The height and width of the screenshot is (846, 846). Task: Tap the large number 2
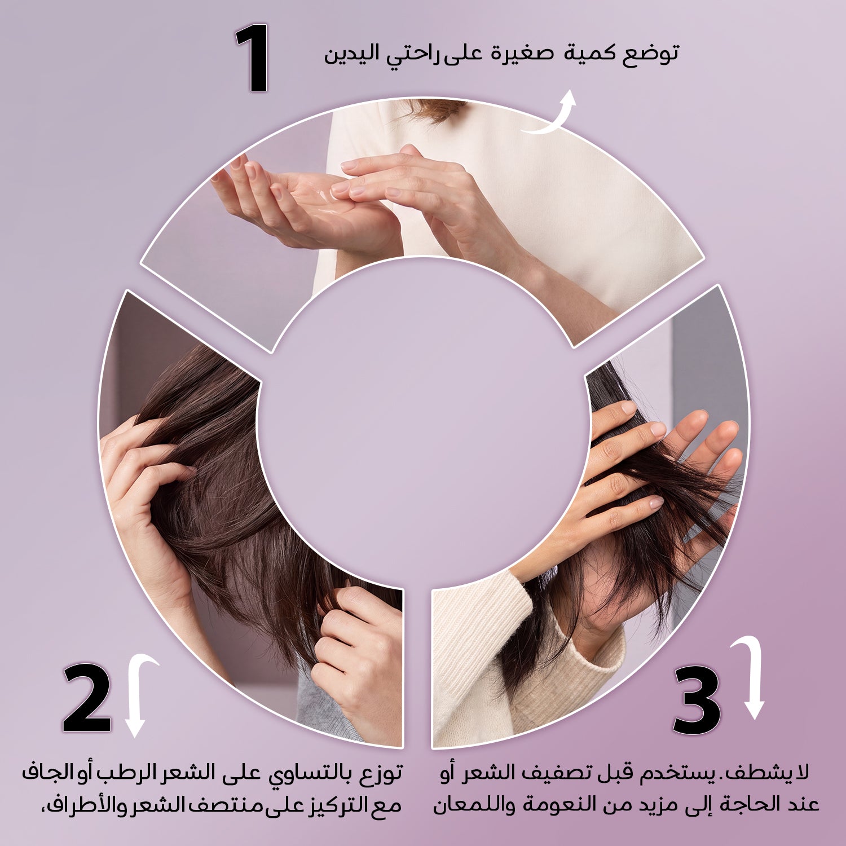click(x=87, y=698)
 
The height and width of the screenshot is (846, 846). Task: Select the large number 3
click(x=697, y=700)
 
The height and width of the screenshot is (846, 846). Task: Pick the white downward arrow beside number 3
click(x=751, y=677)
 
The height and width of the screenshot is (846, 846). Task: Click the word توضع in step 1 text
click(x=651, y=54)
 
